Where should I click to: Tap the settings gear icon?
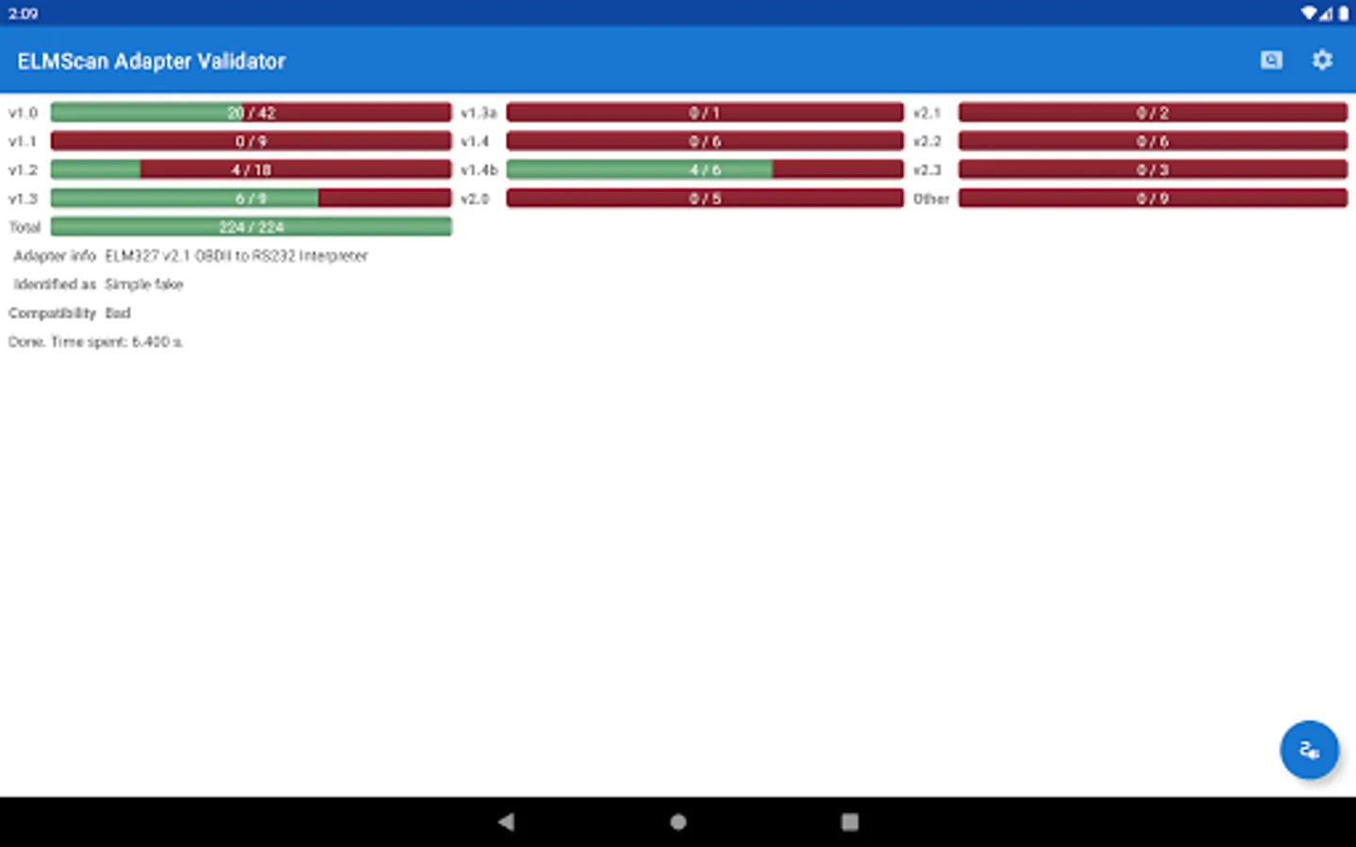click(1322, 60)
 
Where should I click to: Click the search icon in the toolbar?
click(1271, 60)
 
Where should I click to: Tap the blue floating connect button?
click(1309, 750)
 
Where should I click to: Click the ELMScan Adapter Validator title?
click(152, 61)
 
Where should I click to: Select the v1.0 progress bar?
click(251, 113)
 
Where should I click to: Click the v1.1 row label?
click(23, 141)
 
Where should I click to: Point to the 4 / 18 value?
click(251, 170)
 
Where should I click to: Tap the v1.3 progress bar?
click(251, 199)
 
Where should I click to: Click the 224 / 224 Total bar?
click(251, 227)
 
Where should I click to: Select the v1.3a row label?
click(478, 113)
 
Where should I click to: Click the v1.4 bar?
click(704, 141)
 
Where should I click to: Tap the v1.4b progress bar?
click(704, 170)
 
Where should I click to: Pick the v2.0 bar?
click(704, 199)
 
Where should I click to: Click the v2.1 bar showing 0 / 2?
click(1153, 113)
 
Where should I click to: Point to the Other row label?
click(931, 199)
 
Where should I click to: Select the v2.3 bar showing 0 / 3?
click(1153, 170)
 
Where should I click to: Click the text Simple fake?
click(144, 284)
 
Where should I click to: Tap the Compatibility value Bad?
click(118, 312)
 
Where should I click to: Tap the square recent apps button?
click(849, 822)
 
